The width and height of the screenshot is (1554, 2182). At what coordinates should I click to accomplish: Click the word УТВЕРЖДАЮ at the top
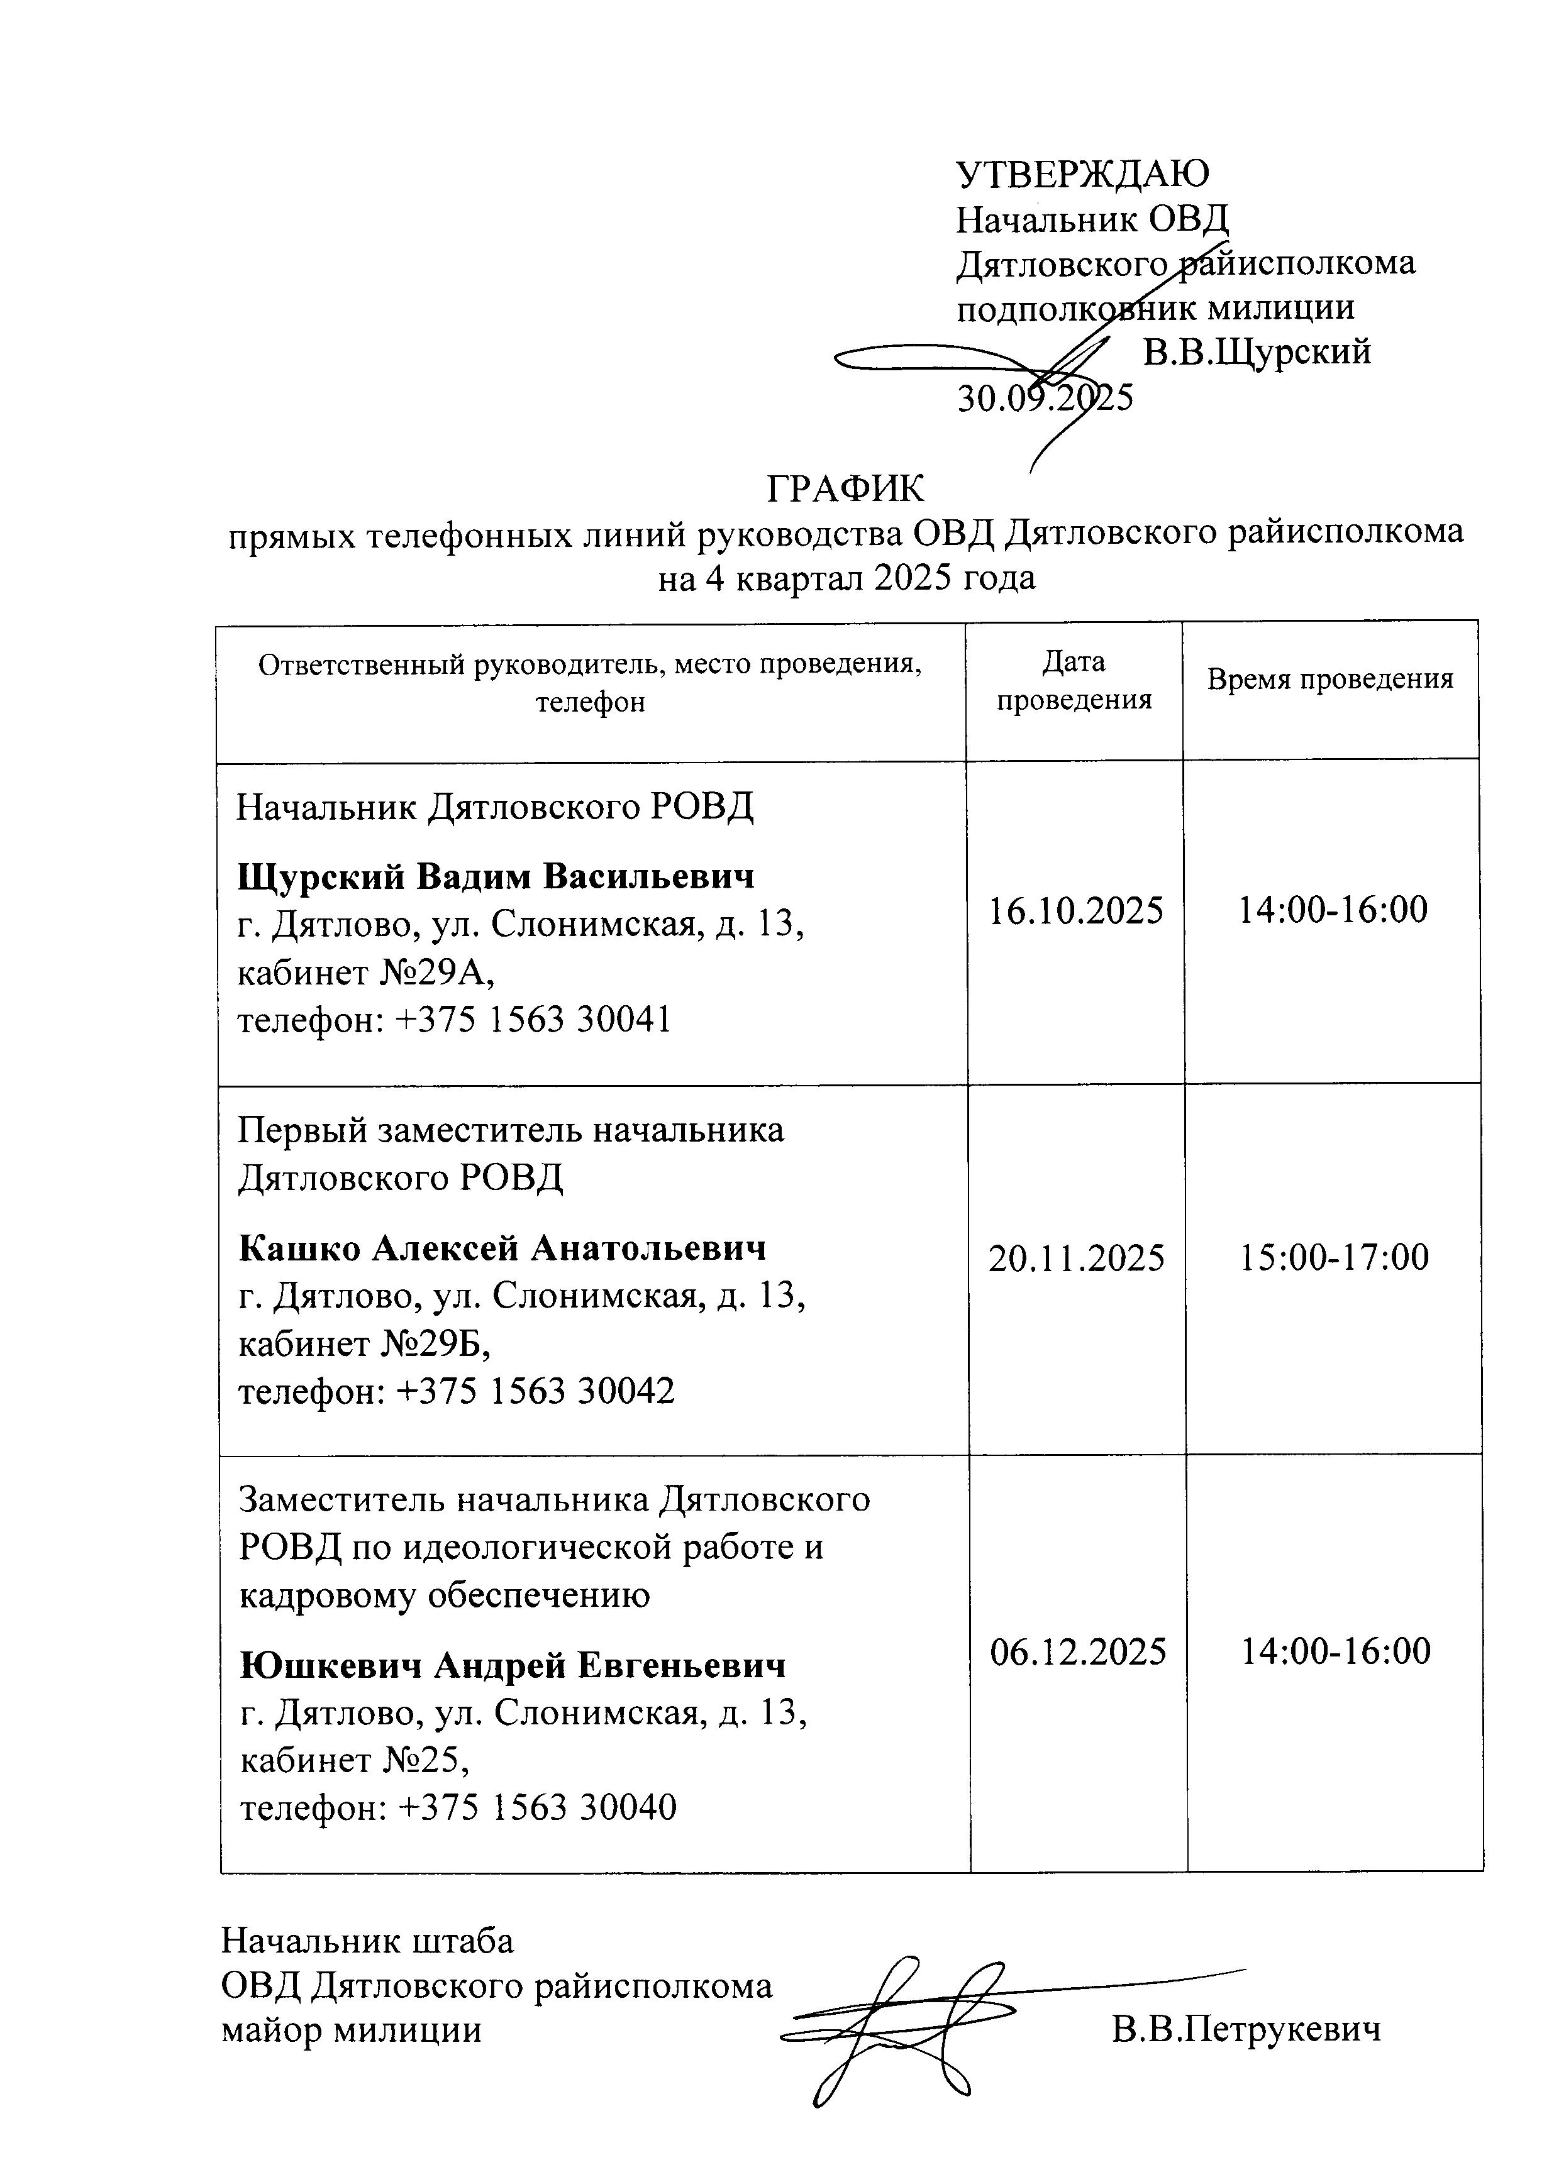[1082, 174]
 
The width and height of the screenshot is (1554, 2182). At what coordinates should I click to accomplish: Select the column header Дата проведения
[1074, 680]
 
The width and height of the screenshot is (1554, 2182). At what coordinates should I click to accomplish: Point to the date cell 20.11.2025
[1077, 1258]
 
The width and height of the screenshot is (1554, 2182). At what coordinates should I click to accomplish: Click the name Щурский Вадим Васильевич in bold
[496, 876]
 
